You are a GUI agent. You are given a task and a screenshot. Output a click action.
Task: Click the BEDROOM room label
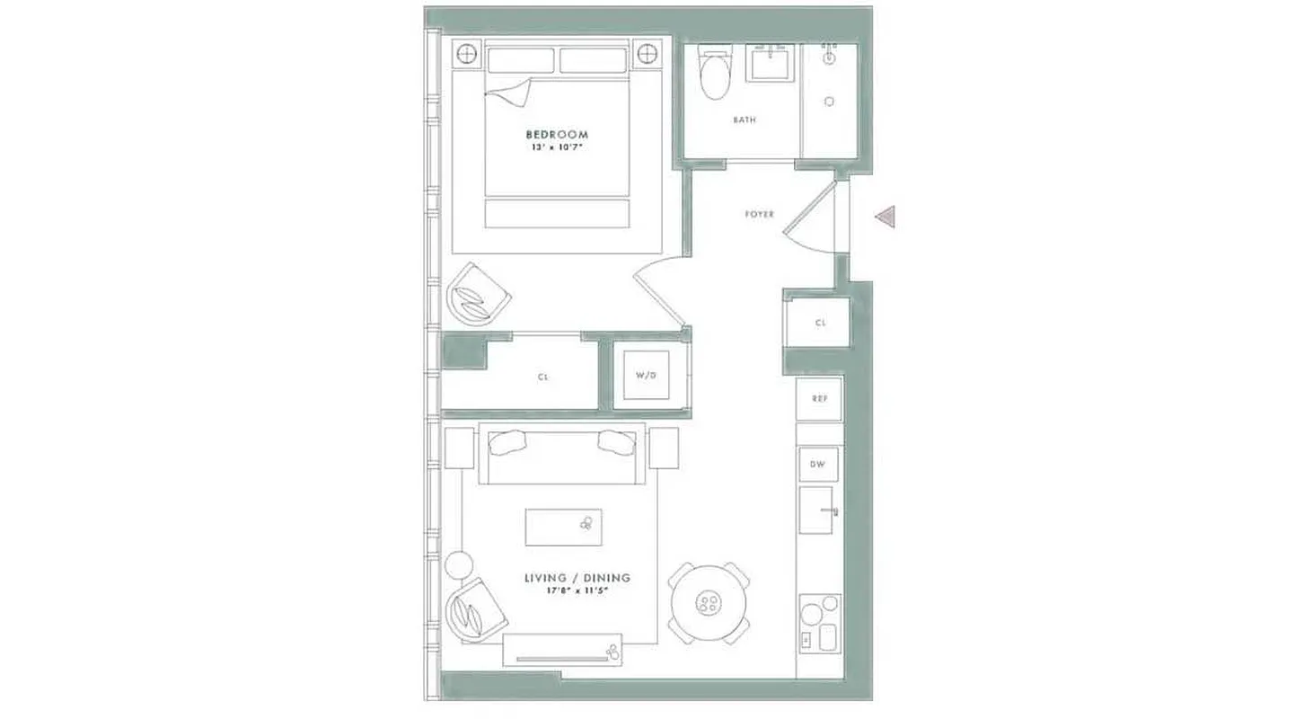[557, 134]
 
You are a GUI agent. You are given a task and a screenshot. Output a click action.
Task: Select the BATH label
[744, 120]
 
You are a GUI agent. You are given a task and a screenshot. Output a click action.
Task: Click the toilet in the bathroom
[716, 75]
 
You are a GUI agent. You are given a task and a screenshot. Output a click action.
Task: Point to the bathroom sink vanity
[771, 65]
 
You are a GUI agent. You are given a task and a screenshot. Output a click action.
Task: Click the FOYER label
[759, 215]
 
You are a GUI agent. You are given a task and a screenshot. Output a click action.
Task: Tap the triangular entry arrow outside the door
[886, 217]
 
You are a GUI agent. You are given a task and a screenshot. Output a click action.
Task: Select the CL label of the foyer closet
[820, 323]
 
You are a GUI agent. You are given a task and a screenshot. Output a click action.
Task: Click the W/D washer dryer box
[647, 373]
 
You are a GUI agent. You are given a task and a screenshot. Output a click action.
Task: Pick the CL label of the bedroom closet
[542, 377]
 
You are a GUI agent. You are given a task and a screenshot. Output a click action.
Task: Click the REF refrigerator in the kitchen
[819, 398]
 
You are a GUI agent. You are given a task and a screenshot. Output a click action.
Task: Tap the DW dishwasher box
[819, 465]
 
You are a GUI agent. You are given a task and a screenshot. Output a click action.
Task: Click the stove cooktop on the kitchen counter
[820, 623]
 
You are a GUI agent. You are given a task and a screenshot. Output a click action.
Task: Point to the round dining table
[709, 602]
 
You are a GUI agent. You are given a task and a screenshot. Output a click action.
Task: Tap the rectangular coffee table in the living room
[563, 527]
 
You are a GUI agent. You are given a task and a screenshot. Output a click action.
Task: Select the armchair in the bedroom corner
[478, 295]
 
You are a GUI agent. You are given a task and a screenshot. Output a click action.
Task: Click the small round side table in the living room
[458, 565]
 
